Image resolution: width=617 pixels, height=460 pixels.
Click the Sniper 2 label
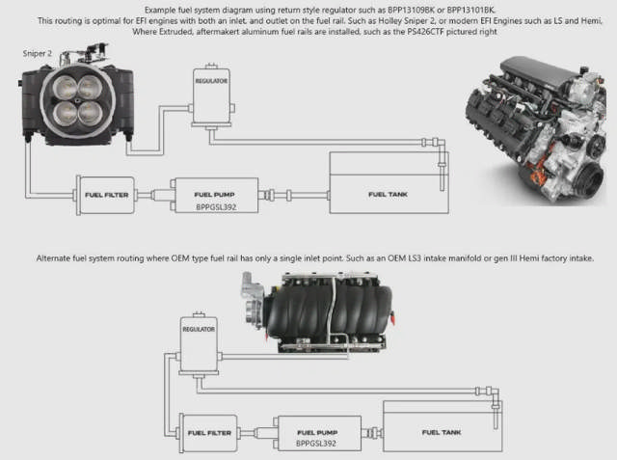pos(38,54)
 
